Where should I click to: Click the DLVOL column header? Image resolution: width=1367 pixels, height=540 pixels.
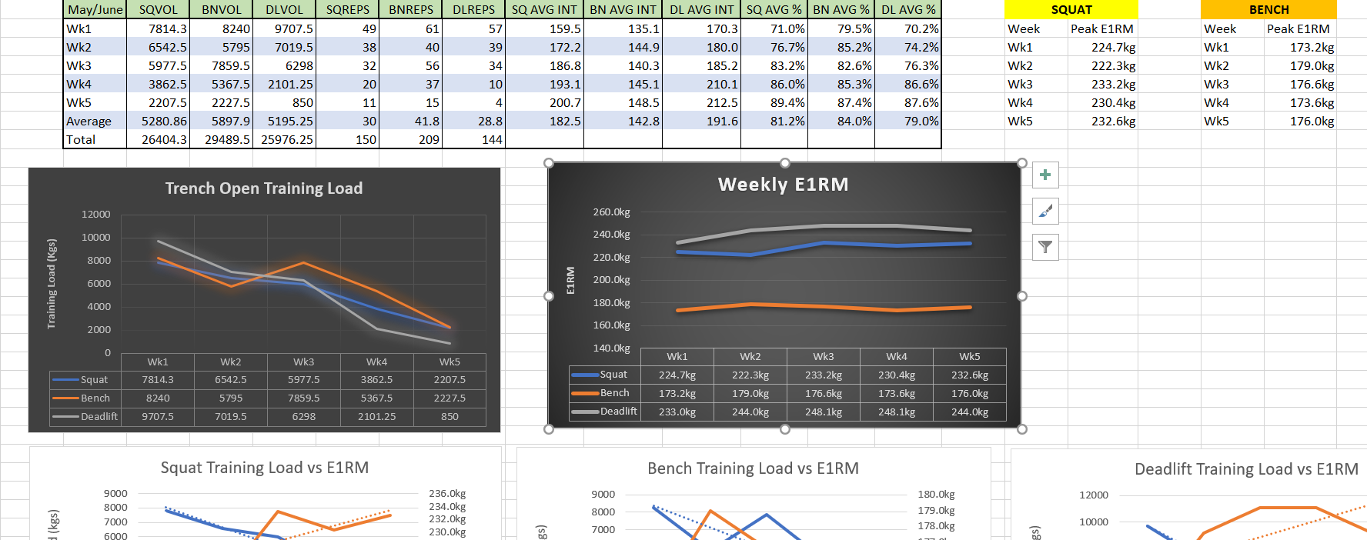[x=284, y=10]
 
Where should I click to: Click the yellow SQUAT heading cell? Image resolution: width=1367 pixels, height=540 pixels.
[x=1071, y=10]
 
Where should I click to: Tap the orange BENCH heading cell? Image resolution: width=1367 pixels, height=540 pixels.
[x=1268, y=10]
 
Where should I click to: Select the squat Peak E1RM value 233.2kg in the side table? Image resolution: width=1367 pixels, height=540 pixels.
[x=1113, y=85]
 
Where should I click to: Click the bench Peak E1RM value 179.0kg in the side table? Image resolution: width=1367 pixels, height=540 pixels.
[x=1312, y=66]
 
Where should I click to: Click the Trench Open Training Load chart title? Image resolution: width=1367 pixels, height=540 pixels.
[x=264, y=188]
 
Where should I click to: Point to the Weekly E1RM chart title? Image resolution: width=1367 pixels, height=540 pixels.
[x=783, y=185]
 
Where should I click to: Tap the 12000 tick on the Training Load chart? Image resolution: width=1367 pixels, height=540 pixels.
[x=96, y=215]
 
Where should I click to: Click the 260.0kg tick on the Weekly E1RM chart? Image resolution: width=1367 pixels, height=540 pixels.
[x=611, y=212]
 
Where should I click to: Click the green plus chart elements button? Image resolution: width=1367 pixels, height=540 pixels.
[x=1045, y=175]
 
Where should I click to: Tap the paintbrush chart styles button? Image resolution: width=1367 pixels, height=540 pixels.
[x=1045, y=211]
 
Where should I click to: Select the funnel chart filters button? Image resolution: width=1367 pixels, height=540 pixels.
[x=1045, y=247]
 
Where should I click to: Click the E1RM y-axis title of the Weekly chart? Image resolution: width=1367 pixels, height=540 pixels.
[x=570, y=280]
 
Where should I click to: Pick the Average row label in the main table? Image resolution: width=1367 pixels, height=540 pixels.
[x=89, y=122]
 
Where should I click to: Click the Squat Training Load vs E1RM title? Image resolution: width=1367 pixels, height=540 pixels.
[x=264, y=468]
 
